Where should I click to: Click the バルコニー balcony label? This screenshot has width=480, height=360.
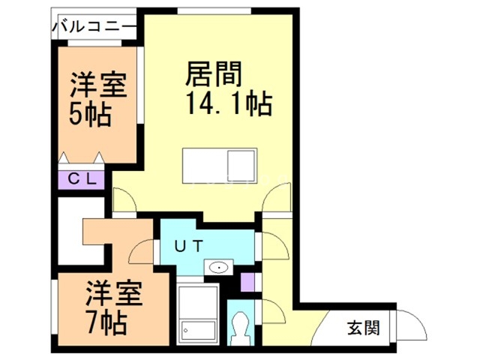click(94, 28)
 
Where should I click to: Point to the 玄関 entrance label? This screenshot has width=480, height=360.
click(363, 327)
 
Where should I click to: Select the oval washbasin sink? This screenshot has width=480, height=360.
click(219, 266)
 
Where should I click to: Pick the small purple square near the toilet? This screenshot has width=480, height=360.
click(248, 283)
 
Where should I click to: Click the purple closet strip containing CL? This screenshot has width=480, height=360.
click(82, 179)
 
